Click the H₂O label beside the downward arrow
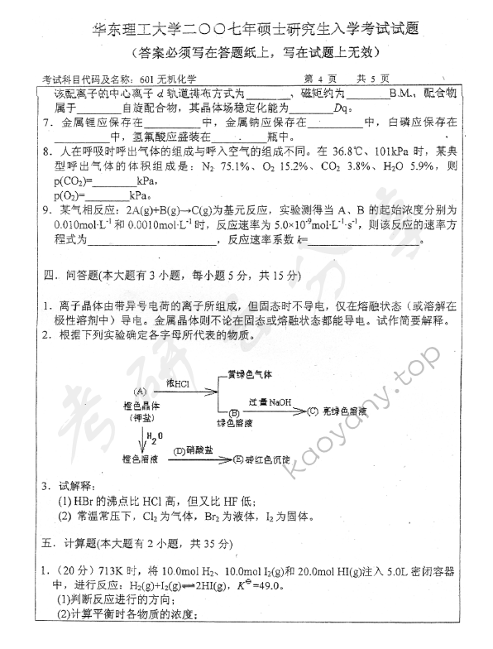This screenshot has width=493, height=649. click(156, 436)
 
